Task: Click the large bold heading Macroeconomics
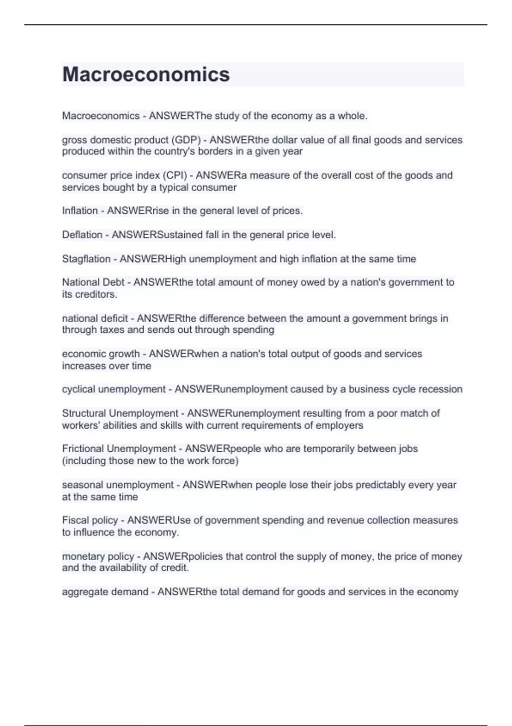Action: tap(146, 74)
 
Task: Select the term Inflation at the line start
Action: tap(80, 211)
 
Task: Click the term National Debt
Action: tap(93, 282)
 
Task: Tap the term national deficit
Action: tap(95, 319)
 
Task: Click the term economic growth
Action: tap(101, 354)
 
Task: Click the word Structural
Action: tap(84, 413)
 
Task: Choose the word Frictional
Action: tap(83, 449)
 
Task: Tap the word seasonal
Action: tap(82, 485)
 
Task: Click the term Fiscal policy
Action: tap(90, 521)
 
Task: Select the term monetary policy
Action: tap(98, 556)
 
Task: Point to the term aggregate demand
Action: tap(105, 592)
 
